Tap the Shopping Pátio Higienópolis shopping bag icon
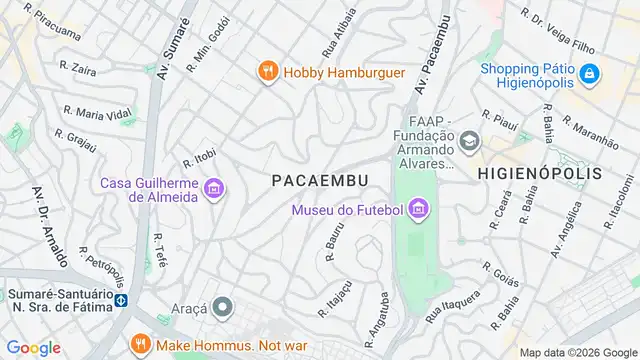pyautogui.click(x=590, y=74)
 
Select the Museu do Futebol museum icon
pyautogui.click(x=418, y=209)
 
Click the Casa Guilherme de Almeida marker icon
pyautogui.click(x=212, y=187)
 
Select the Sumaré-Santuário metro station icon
pyautogui.click(x=121, y=300)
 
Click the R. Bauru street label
pyautogui.click(x=336, y=243)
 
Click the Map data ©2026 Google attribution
pyautogui.click(x=577, y=352)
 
